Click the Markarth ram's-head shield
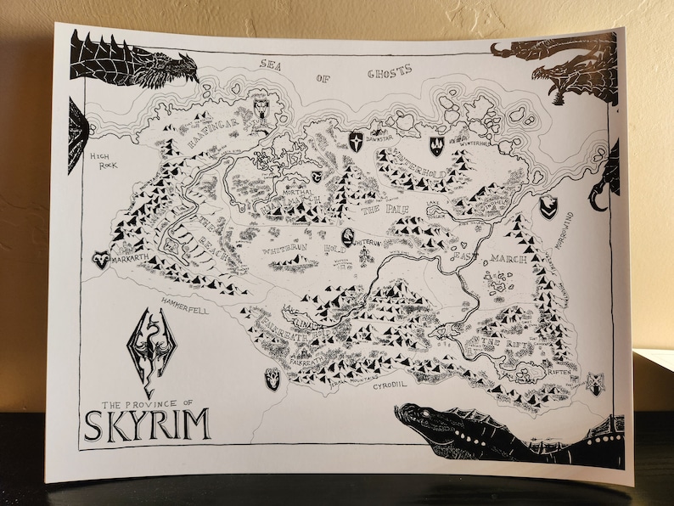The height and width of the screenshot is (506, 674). [x=102, y=259]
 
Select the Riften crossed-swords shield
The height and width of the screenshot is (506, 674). [x=597, y=384]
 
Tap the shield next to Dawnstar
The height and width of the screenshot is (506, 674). [x=357, y=141]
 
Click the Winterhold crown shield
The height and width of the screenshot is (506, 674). [x=436, y=145]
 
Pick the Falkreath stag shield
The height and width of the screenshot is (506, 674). [x=272, y=378]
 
